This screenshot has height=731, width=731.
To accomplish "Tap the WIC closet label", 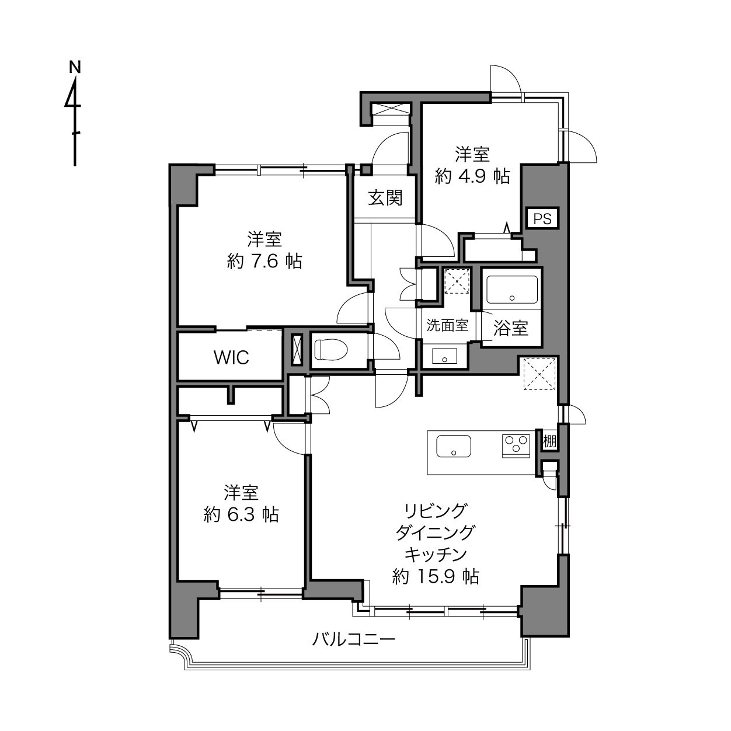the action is coord(231,357).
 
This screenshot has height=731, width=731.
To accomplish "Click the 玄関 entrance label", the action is coord(385,198).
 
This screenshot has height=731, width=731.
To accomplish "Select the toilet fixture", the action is coord(331,349).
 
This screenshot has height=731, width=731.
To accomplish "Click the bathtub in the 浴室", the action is coord(511,290).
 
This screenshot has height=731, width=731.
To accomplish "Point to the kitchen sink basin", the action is coord(454,445).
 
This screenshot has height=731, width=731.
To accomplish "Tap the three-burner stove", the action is coord(516,445).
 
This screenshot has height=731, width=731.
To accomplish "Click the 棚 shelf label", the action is coord(549,441).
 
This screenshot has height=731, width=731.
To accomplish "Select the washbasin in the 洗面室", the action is coord(444,356).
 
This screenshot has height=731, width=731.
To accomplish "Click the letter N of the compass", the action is coord(75,67).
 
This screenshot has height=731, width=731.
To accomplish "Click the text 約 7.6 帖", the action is coord(264,262).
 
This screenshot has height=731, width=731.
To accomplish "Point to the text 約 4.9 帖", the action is coord(472,176).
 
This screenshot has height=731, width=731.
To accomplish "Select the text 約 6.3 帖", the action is coord(241,515).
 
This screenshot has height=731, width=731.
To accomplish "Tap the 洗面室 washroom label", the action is coord(447,325).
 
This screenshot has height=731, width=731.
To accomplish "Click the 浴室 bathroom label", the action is coord(511,328).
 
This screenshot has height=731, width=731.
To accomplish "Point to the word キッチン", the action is coord(436,555).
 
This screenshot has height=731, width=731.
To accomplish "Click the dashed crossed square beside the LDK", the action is coord(539,374).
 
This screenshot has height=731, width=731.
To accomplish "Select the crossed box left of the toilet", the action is coord(296,350).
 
